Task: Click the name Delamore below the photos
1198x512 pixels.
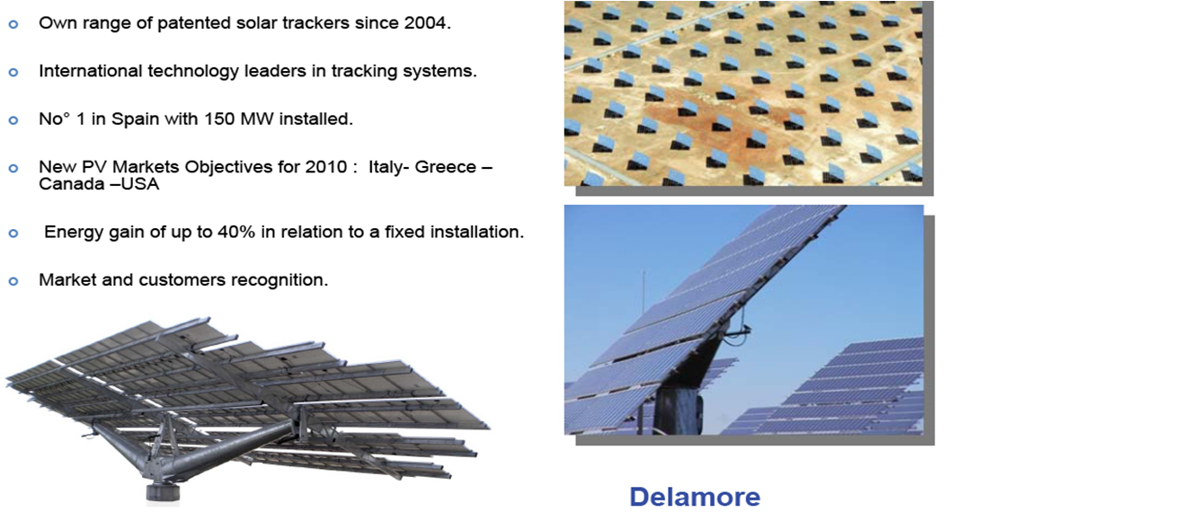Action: pyautogui.click(x=695, y=497)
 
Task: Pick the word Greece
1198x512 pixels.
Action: pyautogui.click(x=446, y=167)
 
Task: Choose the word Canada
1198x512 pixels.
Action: pyautogui.click(x=71, y=184)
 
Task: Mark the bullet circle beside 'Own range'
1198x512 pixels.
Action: pyautogui.click(x=13, y=24)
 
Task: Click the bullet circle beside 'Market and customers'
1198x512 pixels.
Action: pyautogui.click(x=13, y=281)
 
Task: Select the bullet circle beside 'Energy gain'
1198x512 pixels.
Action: pyautogui.click(x=13, y=234)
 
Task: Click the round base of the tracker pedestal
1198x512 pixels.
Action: pyautogui.click(x=164, y=493)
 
